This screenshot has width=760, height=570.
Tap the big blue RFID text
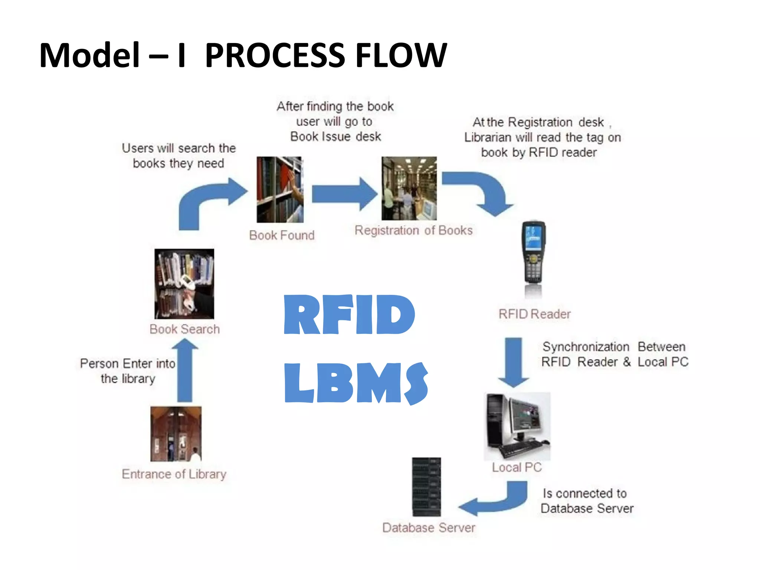pyautogui.click(x=349, y=315)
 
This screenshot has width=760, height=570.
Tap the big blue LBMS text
pyautogui.click(x=356, y=383)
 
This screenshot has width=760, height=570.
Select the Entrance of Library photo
pyautogui.click(x=176, y=434)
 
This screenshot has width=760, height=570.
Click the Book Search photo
pyautogui.click(x=184, y=284)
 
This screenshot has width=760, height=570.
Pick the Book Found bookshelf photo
pyautogui.click(x=280, y=190)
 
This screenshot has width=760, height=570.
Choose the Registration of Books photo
pyautogui.click(x=409, y=188)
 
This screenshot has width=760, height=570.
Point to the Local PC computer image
pyautogui.click(x=517, y=426)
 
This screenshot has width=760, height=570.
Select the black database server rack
pyautogui.click(x=426, y=487)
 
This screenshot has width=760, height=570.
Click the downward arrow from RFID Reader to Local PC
pyautogui.click(x=513, y=362)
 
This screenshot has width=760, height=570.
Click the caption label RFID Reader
pyautogui.click(x=534, y=314)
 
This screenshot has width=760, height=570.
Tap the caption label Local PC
pyautogui.click(x=517, y=467)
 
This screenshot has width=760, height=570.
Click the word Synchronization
pyautogui.click(x=586, y=347)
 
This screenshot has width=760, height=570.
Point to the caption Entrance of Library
pyautogui.click(x=174, y=474)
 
